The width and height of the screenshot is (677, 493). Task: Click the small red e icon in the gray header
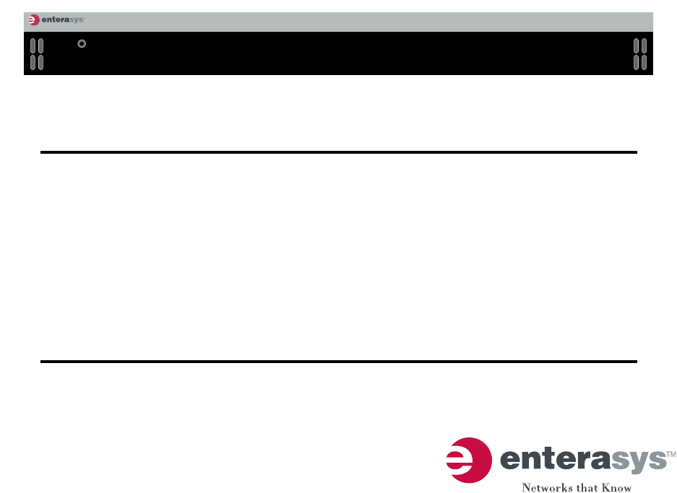pos(34,19)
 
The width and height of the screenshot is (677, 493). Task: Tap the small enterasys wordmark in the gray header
pos(63,19)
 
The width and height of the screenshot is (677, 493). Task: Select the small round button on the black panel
pos(82,43)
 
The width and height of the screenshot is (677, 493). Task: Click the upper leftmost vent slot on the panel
pos(33,45)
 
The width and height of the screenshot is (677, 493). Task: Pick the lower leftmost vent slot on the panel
pos(33,63)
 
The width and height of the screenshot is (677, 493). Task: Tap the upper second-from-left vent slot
pos(41,45)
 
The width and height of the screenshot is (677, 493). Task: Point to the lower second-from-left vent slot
pos(41,63)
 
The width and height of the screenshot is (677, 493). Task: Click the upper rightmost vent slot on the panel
pos(644,45)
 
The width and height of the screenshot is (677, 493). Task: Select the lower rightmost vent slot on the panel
pos(644,63)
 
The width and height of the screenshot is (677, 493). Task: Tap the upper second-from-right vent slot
pos(636,45)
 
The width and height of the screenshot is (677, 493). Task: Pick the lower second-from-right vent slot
pos(636,63)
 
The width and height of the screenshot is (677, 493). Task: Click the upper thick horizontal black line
pos(339,152)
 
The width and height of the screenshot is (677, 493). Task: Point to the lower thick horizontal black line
pos(339,362)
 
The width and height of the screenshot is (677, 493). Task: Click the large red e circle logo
pos(470,461)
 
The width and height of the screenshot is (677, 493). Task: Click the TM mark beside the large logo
pos(671,454)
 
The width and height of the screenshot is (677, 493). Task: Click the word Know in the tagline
pos(616,487)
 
